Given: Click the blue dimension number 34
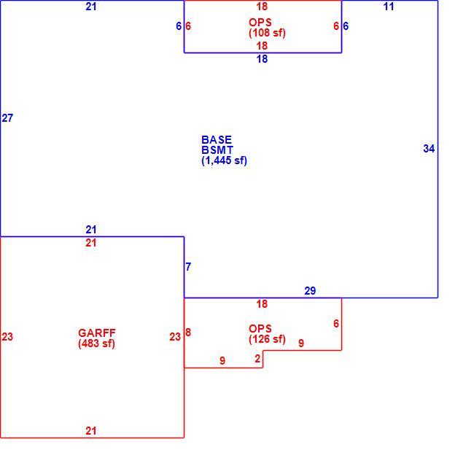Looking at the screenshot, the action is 429,149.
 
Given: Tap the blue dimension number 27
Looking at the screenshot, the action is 7,118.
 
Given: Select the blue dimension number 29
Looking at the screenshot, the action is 310,291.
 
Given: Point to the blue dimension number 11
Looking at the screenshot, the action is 389,7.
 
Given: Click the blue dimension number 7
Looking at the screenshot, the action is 188,267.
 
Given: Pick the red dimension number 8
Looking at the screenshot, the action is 188,333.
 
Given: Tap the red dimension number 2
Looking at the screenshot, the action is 257,359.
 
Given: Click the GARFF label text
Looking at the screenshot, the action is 97,333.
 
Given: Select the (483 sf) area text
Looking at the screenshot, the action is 96,343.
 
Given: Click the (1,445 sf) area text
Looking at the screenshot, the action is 225,160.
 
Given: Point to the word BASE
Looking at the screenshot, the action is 217,140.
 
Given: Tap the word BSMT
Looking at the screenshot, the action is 217,150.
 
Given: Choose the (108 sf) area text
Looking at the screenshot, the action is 267,33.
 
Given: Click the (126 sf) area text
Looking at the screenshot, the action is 267,339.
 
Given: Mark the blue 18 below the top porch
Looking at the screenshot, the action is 262,59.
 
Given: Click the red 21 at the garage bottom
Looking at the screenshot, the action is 91,431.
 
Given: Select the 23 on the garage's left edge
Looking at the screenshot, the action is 7,337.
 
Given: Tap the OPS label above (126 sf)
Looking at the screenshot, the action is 260,329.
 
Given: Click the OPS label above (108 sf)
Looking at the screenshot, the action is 260,23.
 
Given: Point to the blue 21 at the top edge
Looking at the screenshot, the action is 91,7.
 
